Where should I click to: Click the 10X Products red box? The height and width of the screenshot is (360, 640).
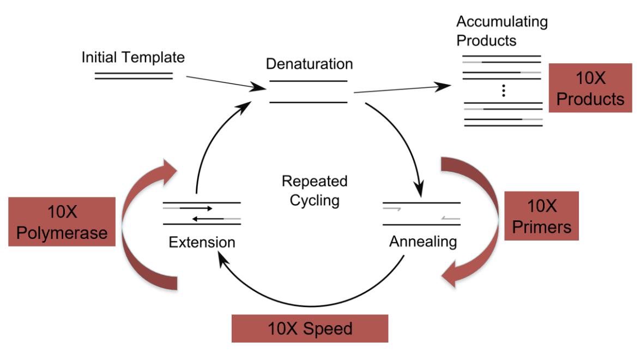coord(590,88)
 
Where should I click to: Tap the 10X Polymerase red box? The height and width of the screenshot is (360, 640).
coord(62,221)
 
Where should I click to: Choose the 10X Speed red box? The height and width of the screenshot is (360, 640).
coord(310,328)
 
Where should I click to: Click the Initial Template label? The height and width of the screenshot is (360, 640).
coord(133,57)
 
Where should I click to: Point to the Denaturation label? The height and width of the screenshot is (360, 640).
coord(309,64)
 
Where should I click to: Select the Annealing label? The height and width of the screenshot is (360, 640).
coord(423,241)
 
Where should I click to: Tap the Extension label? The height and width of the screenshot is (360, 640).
coord(202,242)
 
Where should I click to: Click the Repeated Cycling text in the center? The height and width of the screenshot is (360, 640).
coord(315,190)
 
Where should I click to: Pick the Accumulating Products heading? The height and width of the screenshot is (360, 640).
coord(502,31)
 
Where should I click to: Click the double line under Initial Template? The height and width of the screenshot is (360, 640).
coord(134,76)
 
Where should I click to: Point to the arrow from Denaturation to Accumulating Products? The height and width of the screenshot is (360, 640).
coord(403,89)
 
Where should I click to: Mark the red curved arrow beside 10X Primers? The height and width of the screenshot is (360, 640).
coord(480,218)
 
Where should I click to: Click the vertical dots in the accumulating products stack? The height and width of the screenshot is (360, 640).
coord(504,91)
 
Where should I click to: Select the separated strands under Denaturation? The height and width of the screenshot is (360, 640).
coord(309,92)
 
